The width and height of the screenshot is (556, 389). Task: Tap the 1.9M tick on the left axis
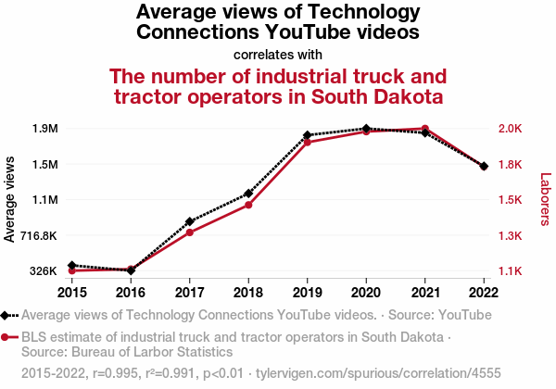coord(45,128)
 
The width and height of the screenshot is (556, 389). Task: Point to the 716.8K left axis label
coord(39,235)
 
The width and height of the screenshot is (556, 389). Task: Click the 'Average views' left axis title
coord(10,200)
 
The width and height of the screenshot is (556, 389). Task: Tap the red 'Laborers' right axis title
coord(545,200)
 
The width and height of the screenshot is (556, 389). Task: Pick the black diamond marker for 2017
coord(189,222)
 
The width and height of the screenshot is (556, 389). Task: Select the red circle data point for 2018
coord(248,205)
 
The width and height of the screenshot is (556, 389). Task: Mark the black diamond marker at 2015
coord(71,266)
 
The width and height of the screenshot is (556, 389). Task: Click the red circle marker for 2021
coord(424,129)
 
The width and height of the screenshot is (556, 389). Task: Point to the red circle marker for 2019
coord(307,143)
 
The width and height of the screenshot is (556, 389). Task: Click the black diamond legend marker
coord(7,314)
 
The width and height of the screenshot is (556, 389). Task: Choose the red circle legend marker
coord(7,337)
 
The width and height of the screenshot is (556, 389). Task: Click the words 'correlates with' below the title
coord(278,53)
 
